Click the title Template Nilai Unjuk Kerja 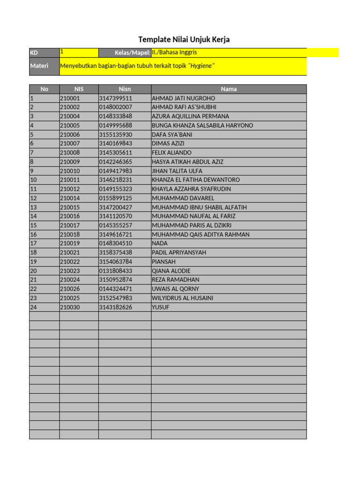(x=184, y=39)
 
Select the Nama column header (x=229, y=89)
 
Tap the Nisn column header (x=125, y=89)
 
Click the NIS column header (x=79, y=89)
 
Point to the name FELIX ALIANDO (x=172, y=153)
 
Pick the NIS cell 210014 (x=70, y=198)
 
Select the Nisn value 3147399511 (x=116, y=98)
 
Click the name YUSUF (x=161, y=307)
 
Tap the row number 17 (x=33, y=243)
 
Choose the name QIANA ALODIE (x=171, y=271)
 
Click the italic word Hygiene (x=201, y=66)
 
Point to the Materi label (x=39, y=66)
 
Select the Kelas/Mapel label (x=132, y=53)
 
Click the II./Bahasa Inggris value (x=174, y=53)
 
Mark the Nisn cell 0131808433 (x=116, y=271)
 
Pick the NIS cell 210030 (x=70, y=307)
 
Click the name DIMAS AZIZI (x=168, y=143)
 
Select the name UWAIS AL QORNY (x=175, y=289)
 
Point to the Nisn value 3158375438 (x=116, y=253)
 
